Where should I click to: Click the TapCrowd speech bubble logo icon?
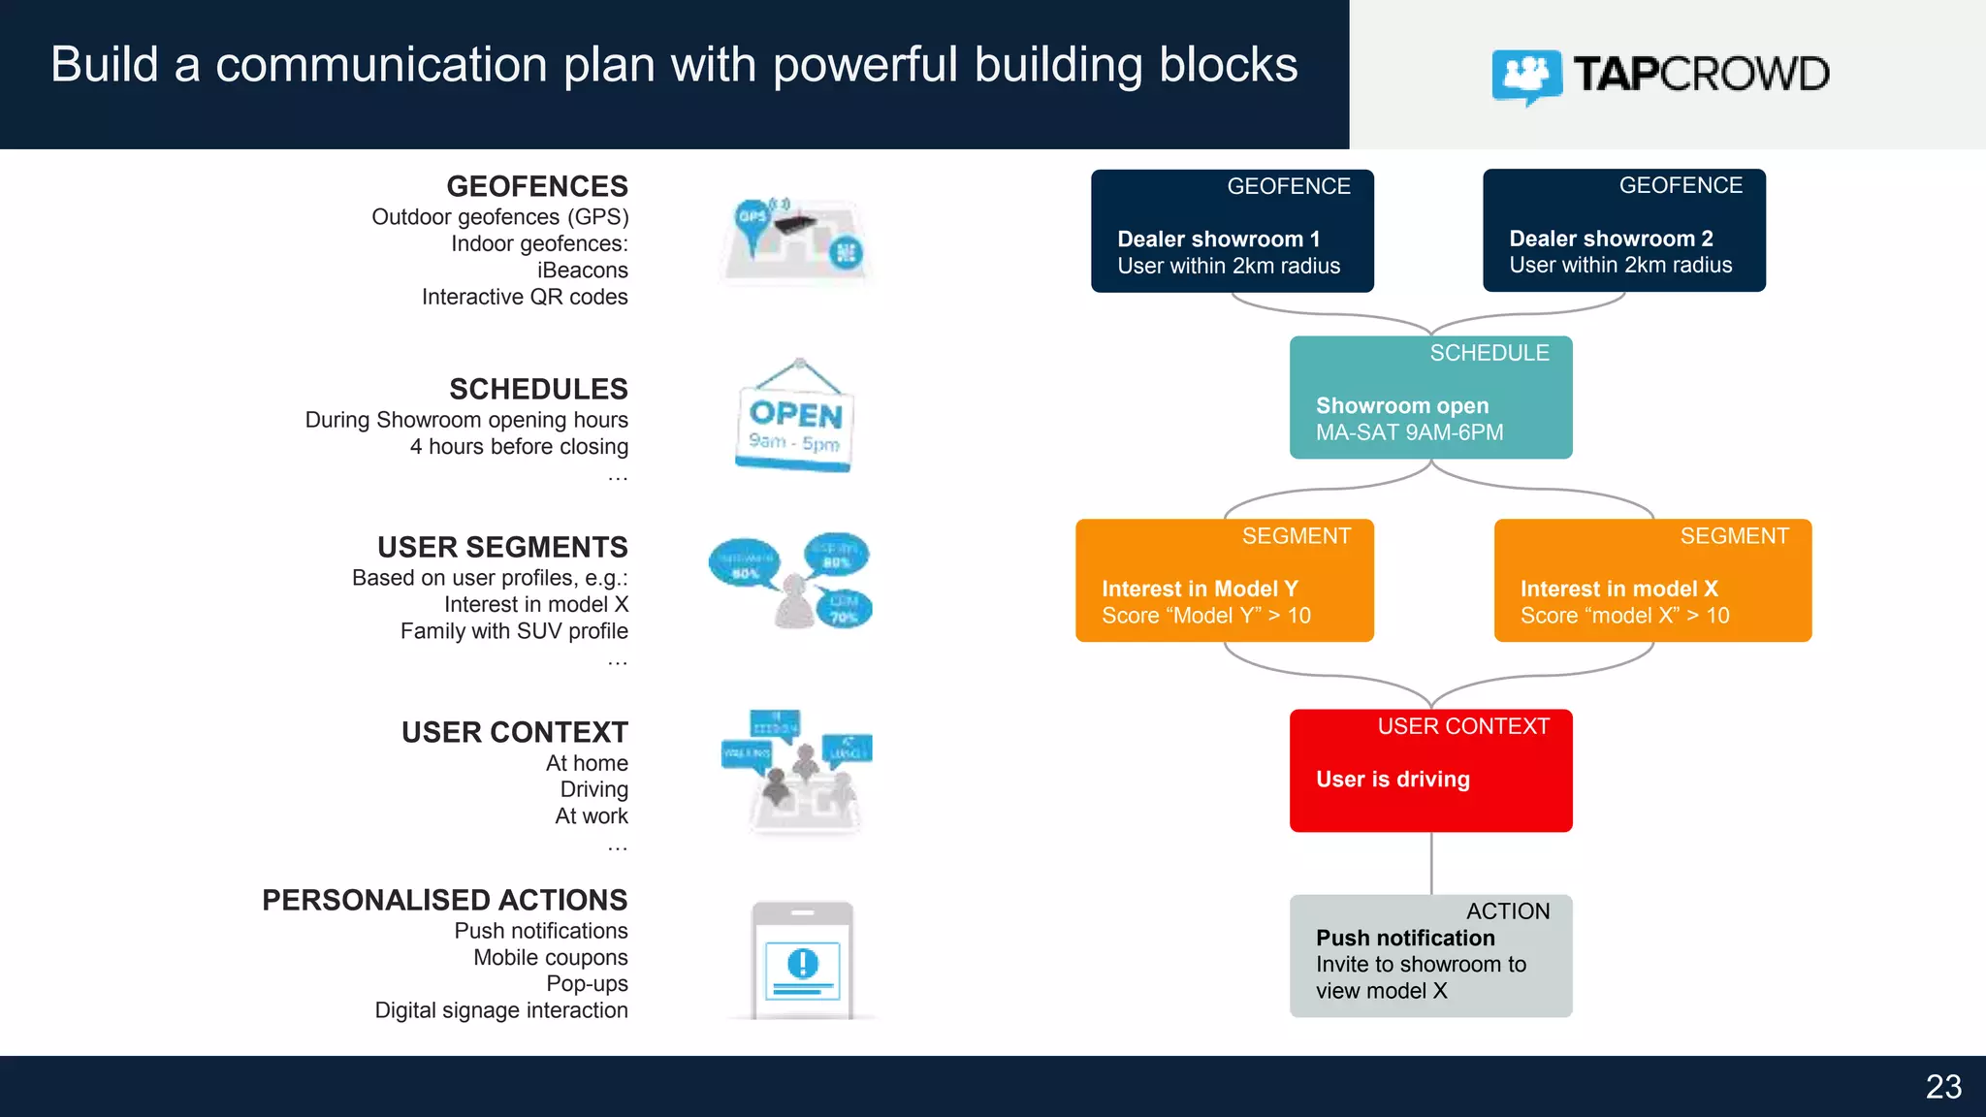coord(1526,76)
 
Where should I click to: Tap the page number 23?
coord(1943,1087)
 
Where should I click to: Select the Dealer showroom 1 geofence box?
coord(1232,231)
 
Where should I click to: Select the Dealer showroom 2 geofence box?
coord(1623,231)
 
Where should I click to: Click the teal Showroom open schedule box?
coord(1430,398)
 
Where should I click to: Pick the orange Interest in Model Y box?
coord(1224,580)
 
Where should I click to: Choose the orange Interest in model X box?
coord(1651,580)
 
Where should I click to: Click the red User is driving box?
coord(1430,771)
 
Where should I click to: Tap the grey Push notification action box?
coord(1430,955)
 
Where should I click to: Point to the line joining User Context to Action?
coord(1431,863)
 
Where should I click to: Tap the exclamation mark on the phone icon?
coord(803,964)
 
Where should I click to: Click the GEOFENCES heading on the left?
coord(536,186)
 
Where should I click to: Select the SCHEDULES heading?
coord(538,389)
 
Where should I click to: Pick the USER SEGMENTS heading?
coord(502,547)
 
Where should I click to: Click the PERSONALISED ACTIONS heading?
coord(444,900)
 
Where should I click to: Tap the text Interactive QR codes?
coord(524,297)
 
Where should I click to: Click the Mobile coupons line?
coord(550,957)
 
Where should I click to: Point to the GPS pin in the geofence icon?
coord(753,219)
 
